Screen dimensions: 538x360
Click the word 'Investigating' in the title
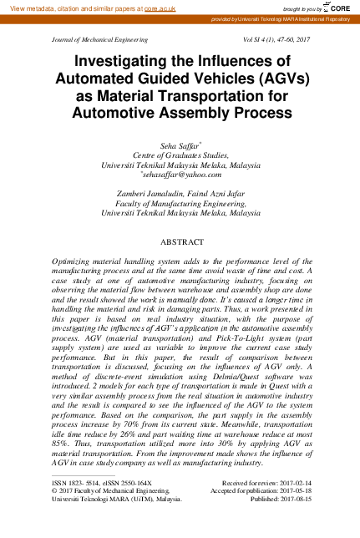click(x=125, y=62)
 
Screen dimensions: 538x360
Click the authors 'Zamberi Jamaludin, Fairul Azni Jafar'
click(x=180, y=194)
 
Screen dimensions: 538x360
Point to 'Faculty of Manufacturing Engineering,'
click(x=180, y=204)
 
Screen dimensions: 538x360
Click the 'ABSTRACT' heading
click(x=180, y=241)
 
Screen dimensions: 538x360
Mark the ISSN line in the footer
click(x=101, y=483)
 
